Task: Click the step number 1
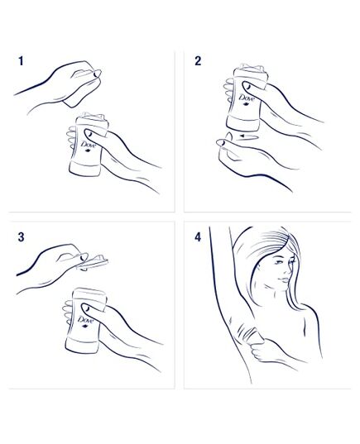(20, 61)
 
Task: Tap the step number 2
(198, 61)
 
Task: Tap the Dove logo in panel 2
(246, 105)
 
